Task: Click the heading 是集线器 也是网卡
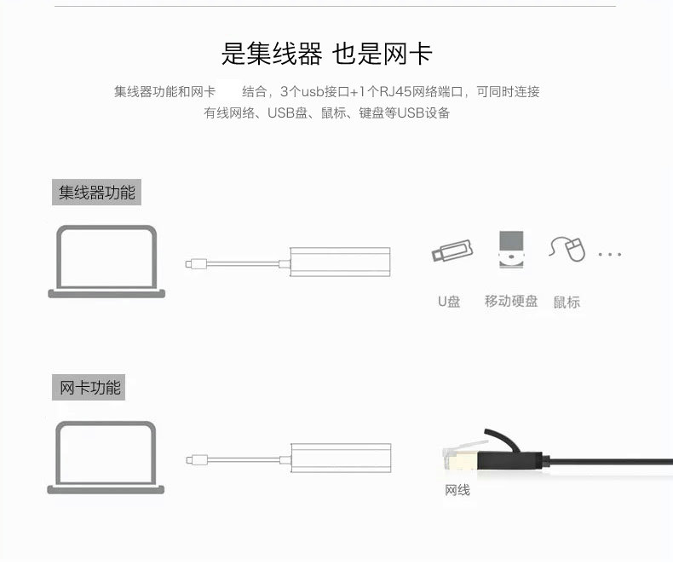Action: coord(326,54)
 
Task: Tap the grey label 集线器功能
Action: coord(96,192)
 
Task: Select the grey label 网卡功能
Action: coord(89,387)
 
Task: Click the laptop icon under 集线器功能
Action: coord(106,262)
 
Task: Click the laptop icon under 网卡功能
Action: coord(106,458)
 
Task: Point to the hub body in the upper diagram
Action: coord(340,262)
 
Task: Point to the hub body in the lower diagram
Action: coord(341,458)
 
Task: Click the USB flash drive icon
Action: coord(452,251)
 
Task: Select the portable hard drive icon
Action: coord(511,250)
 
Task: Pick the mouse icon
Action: coord(567,249)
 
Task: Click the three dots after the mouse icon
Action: coord(609,255)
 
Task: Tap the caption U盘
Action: coord(449,302)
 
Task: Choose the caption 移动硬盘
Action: coord(511,301)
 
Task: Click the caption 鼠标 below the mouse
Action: coord(567,302)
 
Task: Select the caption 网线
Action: coord(457,490)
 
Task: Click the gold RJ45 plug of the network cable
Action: coord(460,458)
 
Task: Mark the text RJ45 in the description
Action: coord(395,91)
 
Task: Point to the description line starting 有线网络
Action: coord(326,112)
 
